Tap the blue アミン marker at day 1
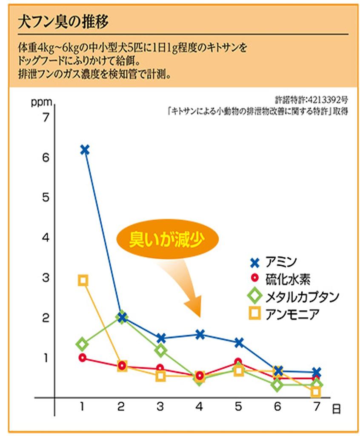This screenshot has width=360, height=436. point(84,149)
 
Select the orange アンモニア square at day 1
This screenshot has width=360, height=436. point(83,280)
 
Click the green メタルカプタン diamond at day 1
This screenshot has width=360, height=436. point(83,344)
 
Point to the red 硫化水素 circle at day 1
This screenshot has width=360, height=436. point(83,358)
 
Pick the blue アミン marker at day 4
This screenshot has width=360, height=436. point(200,334)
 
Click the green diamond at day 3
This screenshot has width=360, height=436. point(160,350)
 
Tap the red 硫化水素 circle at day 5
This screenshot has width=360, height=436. point(239,362)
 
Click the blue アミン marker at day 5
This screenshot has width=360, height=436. point(239,342)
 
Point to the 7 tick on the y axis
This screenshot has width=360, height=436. point(46,118)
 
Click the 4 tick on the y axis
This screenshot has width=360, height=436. point(46,238)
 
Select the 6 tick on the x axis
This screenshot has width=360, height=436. point(277,407)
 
